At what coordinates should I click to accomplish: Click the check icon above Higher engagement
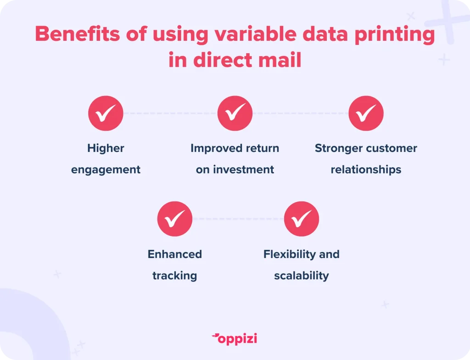coord(106,113)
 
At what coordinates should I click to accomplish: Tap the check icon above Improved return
coord(235,113)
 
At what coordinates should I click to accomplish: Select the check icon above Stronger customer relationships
coord(366,113)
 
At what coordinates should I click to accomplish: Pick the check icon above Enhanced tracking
coord(175,219)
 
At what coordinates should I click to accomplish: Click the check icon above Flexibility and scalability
coord(301,219)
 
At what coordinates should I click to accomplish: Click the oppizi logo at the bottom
coord(235,339)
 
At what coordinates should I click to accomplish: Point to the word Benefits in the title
coord(77,34)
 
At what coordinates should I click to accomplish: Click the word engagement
coord(106,170)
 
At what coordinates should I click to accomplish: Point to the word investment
coord(243,169)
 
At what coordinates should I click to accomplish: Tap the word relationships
coord(366,170)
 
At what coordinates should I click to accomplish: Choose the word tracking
coord(175,276)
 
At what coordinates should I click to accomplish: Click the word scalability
coord(301,276)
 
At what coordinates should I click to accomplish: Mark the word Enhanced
coord(175,254)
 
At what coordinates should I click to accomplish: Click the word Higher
coord(106,148)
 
